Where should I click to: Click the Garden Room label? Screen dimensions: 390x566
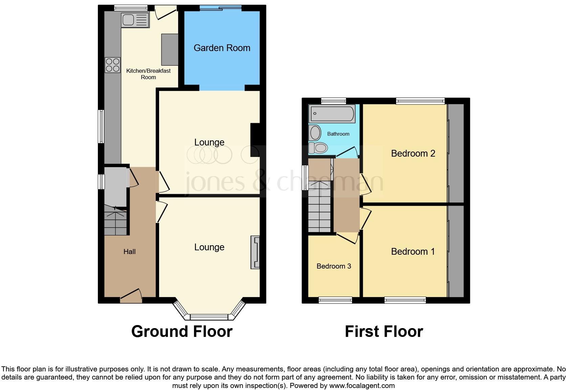222,48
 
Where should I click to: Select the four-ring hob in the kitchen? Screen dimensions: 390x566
113,65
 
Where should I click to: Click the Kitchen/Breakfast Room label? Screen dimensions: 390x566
148,74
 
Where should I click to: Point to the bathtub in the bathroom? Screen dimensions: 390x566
332,114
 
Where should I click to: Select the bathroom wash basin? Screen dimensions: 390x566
315,133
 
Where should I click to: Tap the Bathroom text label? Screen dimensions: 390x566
338,134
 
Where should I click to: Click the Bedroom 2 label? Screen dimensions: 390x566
413,154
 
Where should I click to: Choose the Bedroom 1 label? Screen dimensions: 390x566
413,252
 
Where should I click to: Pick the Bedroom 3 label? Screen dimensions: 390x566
333,266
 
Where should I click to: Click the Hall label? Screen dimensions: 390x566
129,252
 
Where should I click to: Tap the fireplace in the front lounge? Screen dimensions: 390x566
255,252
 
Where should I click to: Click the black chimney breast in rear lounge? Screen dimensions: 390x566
255,140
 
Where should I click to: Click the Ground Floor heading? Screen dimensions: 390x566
182,331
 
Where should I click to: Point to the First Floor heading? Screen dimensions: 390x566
384,331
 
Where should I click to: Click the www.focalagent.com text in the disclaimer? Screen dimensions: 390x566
362,386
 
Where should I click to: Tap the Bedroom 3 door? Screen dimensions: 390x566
349,238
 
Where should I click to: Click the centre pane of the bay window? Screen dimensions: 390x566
209,317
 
